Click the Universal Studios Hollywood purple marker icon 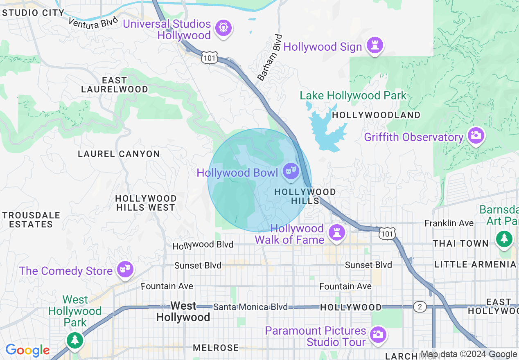[x=223, y=28]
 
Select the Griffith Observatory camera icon [x=476, y=135]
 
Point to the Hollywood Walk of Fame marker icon [x=336, y=233]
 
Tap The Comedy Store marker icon [x=124, y=269]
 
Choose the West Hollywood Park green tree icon [x=74, y=339]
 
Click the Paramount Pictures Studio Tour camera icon [x=377, y=334]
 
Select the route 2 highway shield [x=419, y=307]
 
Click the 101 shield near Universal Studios [x=209, y=58]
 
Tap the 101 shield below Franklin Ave [x=387, y=234]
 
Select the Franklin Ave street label [x=449, y=223]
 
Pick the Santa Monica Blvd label [x=250, y=307]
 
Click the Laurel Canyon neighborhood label [x=119, y=154]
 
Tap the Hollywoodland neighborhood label [x=376, y=115]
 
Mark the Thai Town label [x=461, y=244]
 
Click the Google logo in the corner [x=27, y=350]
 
